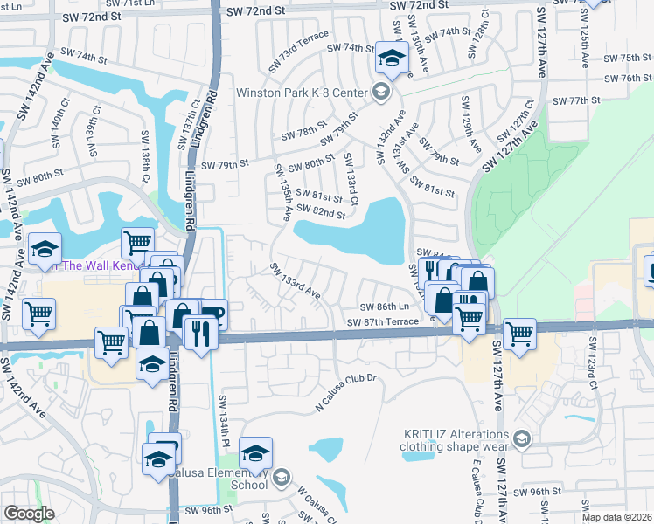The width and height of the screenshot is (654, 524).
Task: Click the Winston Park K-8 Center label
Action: point(303,92)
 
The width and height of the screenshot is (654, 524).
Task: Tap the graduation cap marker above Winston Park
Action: point(391,59)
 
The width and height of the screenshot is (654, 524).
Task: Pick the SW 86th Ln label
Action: point(385,307)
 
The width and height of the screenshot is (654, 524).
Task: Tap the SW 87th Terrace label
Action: point(390,322)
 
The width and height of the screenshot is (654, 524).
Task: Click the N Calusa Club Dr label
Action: point(344,392)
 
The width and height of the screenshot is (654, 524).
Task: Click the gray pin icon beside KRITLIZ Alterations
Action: point(522,438)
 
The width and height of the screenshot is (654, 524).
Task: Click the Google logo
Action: point(29,514)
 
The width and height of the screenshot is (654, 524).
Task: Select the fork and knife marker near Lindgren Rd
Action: point(201,332)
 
